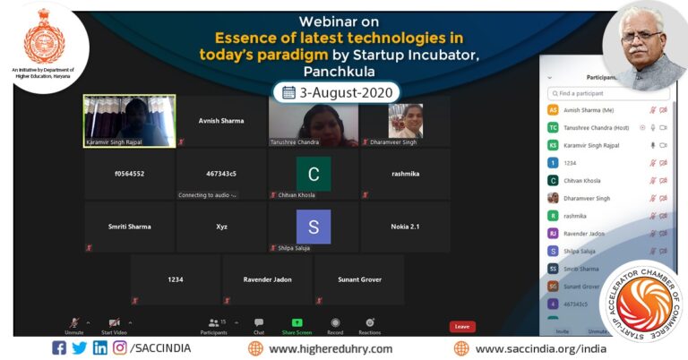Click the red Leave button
coord(462,326)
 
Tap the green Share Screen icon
coord(297,322)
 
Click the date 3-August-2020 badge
coord(338,92)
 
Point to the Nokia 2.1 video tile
coord(405,227)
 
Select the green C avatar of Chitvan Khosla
coord(314,174)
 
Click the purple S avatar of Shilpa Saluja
coord(314,227)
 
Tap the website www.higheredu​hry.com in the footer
coord(331,348)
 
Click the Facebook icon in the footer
coord(59,348)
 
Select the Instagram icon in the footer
coord(119,348)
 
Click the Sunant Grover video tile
coord(359,279)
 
